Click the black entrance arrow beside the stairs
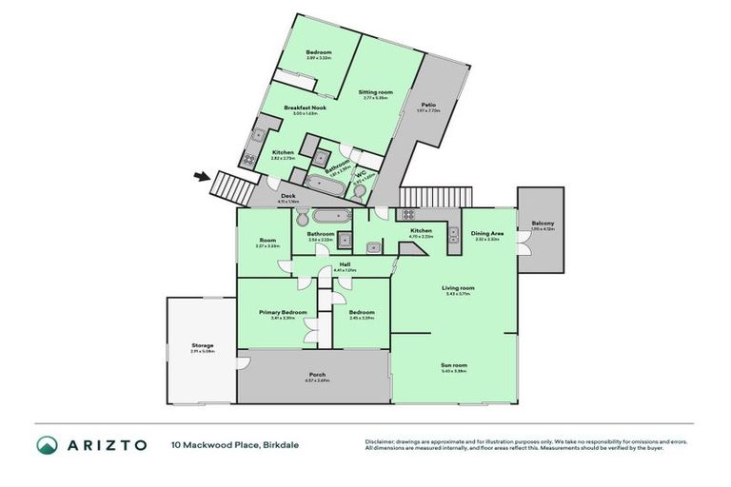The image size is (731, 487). click(x=201, y=175)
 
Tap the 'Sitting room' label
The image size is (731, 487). click(x=375, y=92)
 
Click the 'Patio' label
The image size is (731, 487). click(x=429, y=105)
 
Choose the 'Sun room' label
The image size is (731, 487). click(x=454, y=365)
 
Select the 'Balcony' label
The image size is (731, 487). click(x=543, y=224)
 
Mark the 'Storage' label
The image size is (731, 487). click(x=202, y=345)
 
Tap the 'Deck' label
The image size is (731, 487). click(x=287, y=197)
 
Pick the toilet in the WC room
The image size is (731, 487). click(x=359, y=190)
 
